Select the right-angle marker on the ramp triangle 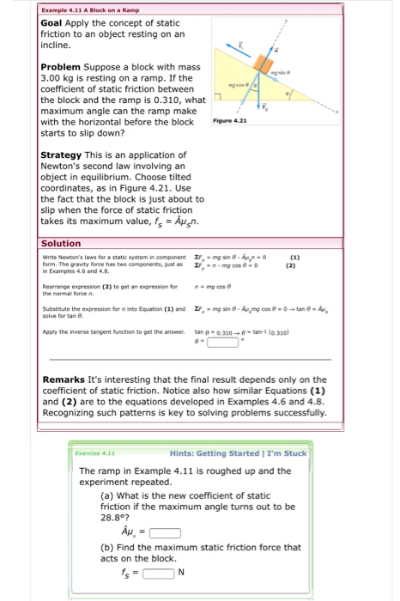[218, 107]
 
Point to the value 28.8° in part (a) [114, 517]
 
